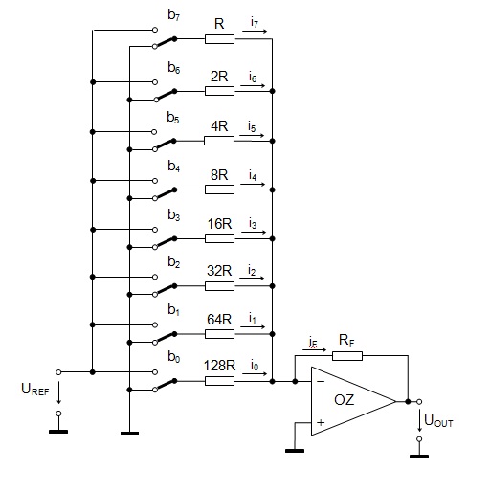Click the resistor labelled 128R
pyautogui.click(x=219, y=381)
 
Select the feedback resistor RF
pyautogui.click(x=347, y=356)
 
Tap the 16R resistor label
pyautogui.click(x=219, y=224)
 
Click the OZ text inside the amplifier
pyautogui.click(x=345, y=400)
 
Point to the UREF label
pyautogui.click(x=35, y=390)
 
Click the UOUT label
pyautogui.click(x=438, y=420)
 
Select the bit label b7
pyautogui.click(x=174, y=15)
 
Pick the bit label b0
pyautogui.click(x=174, y=356)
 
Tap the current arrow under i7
pyautogui.click(x=255, y=32)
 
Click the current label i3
pyautogui.click(x=253, y=223)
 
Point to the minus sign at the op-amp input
pyautogui.click(x=321, y=381)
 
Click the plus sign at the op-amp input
pyautogui.click(x=321, y=423)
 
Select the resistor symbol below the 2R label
pyautogui.click(x=219, y=91)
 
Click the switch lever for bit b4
pyautogui.click(x=166, y=193)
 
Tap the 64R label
pyautogui.click(x=219, y=320)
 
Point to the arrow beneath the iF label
pyautogui.click(x=315, y=350)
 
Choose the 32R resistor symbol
pyautogui.click(x=219, y=286)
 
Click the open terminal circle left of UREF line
pyautogui.click(x=58, y=372)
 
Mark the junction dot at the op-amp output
pyautogui.click(x=408, y=402)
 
